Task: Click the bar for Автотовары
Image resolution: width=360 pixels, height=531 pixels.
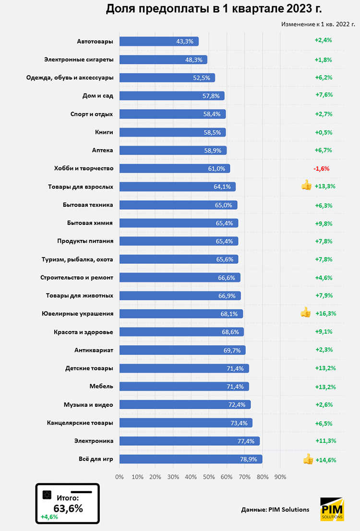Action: [158, 41]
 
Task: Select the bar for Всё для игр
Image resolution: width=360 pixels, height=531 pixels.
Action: [191, 459]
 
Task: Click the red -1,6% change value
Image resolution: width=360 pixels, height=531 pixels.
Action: [321, 169]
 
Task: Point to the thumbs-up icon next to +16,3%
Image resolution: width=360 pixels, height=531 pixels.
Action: [306, 313]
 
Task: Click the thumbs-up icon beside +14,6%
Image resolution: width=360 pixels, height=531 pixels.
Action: [308, 460]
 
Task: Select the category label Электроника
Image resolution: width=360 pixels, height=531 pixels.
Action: [94, 441]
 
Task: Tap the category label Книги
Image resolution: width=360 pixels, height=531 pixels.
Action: [104, 132]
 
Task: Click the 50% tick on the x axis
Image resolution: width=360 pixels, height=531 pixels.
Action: [208, 477]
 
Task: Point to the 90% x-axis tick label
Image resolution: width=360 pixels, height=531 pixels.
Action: [280, 477]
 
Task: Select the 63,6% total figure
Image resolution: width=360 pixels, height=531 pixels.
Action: [68, 508]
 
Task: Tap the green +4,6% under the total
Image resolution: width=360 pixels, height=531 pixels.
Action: [49, 517]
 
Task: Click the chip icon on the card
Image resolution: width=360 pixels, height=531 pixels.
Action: [47, 494]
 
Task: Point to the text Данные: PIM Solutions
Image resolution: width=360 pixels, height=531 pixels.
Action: [275, 509]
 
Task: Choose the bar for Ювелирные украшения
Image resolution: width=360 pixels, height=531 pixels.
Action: [181, 314]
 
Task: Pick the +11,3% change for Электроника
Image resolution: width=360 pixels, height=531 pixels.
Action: [325, 441]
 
